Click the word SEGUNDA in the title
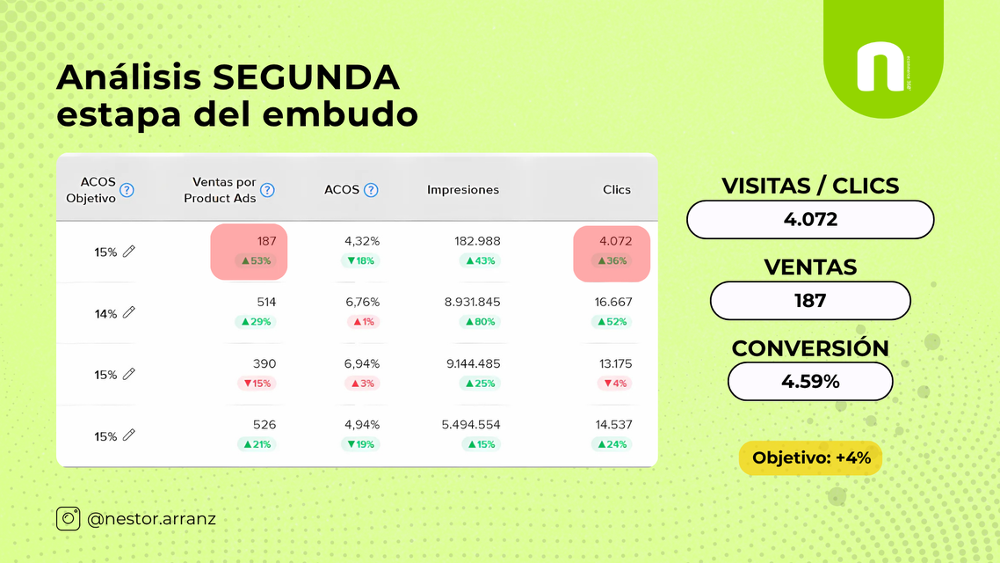[306, 77]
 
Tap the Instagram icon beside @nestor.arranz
[69, 518]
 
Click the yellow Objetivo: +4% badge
[810, 457]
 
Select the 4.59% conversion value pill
[810, 382]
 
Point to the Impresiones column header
[463, 190]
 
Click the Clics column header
[617, 190]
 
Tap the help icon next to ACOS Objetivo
[127, 190]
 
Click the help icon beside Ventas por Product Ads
[267, 190]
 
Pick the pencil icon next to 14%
[129, 312]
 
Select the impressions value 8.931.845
[473, 302]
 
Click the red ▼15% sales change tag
[257, 383]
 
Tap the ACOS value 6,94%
[362, 364]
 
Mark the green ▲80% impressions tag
[481, 322]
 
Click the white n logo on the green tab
[880, 66]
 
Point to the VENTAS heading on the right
[810, 267]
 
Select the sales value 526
[264, 425]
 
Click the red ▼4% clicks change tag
[615, 383]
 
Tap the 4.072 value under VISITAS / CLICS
[810, 220]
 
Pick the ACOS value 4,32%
[362, 241]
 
